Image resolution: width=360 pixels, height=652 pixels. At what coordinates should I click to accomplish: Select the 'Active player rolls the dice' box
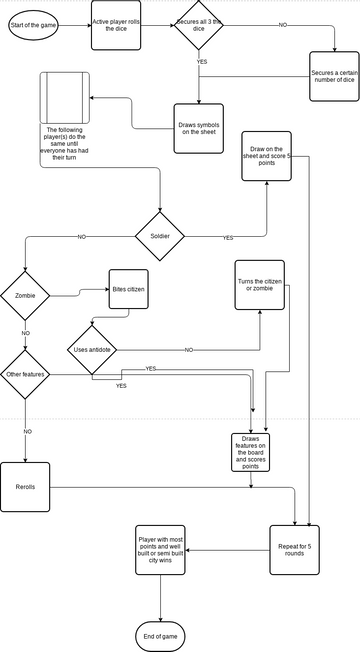pos(115,24)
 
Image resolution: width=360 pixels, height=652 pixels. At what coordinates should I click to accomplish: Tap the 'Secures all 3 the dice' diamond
pos(198,24)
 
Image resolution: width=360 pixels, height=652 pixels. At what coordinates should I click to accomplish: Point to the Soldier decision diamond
pos(161,236)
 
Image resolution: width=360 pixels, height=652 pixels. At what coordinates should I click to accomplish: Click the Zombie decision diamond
pos(24,296)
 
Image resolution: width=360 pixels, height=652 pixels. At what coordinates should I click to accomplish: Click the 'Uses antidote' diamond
pos(92,350)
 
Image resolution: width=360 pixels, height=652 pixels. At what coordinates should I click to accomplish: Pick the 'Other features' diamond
pos(24,375)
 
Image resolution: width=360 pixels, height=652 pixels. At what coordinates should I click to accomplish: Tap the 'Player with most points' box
pos(161,549)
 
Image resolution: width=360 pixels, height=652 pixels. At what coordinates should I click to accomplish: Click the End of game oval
pos(161,636)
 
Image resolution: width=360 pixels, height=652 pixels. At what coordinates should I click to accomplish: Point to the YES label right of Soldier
pos(228,237)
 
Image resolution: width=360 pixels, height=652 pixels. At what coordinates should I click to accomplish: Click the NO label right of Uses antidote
pos(189,350)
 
